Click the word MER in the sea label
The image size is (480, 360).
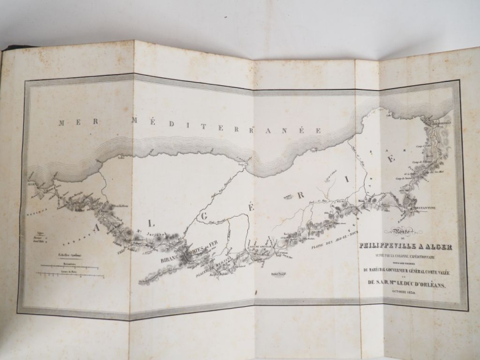pos(69,122)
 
